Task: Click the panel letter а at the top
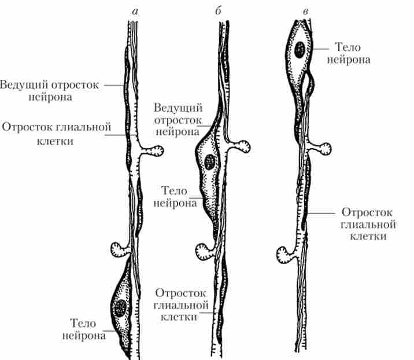(135, 12)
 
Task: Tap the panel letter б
(219, 10)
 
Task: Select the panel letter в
(305, 12)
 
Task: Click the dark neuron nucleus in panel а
(120, 308)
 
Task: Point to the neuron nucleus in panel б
(210, 161)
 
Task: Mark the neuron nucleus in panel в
(300, 50)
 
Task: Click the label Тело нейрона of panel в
(349, 53)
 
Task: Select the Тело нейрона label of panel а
(84, 329)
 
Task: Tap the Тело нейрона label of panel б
(175, 197)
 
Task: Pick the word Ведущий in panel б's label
(178, 108)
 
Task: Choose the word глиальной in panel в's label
(368, 225)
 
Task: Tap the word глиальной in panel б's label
(181, 305)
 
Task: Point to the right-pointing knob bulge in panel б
(241, 146)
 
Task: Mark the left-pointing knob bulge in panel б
(204, 252)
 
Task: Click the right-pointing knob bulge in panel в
(322, 149)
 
